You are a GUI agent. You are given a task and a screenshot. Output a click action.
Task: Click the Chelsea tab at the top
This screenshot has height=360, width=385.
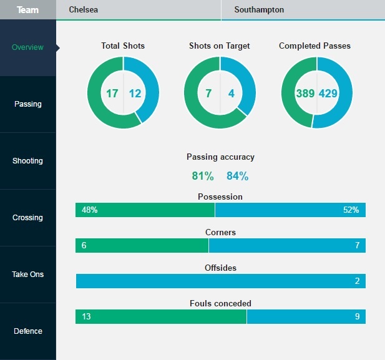83,10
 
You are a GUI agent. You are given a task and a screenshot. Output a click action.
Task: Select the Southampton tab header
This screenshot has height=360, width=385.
259,10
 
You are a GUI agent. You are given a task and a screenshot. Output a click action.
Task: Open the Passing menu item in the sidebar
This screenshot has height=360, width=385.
28,104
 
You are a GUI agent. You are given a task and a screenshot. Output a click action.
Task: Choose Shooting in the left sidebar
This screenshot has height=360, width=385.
28,161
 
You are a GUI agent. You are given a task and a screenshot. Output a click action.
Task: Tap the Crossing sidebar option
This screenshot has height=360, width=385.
28,218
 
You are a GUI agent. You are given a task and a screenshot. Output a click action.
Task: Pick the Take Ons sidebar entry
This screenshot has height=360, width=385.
28,275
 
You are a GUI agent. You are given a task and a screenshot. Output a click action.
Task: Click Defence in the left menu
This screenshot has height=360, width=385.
28,331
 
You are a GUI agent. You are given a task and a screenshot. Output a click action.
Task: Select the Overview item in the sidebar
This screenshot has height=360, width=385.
28,47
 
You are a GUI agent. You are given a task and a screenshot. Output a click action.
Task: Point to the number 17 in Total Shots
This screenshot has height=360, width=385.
112,94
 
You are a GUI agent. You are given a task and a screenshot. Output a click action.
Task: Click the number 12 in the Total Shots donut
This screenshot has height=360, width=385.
135,94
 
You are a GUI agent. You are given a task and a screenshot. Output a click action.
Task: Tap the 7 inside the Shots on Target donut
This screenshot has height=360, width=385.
209,94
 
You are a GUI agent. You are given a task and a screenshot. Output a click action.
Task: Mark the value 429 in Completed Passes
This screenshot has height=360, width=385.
329,94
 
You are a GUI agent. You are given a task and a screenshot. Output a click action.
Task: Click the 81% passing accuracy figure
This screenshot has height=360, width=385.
203,176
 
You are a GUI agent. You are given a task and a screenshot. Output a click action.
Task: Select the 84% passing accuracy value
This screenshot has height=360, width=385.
237,176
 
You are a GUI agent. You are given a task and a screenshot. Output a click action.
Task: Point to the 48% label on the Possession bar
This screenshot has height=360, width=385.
89,210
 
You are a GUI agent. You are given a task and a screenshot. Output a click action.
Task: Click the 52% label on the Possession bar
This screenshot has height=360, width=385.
351,210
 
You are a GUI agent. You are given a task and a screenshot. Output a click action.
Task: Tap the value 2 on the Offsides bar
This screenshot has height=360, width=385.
357,281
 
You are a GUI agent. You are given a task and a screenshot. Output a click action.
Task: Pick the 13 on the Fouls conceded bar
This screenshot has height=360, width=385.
86,317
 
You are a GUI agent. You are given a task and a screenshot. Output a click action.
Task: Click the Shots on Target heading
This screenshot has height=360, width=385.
220,46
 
